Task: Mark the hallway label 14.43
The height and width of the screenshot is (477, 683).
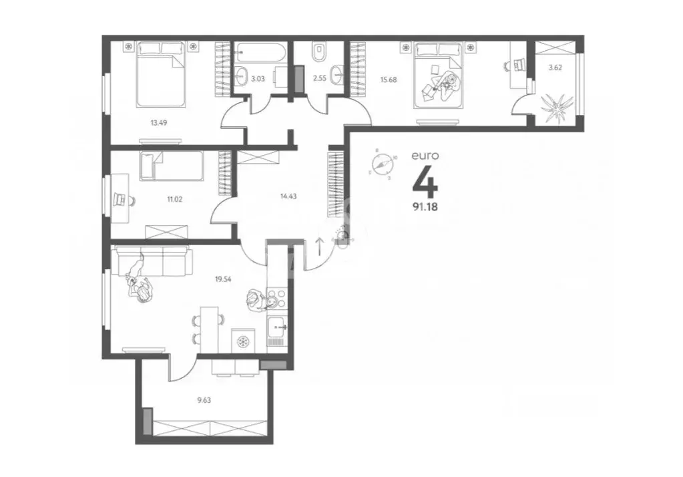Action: coord(288,196)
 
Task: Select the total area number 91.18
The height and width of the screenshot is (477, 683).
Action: coord(425,205)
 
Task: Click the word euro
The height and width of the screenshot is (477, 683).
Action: coord(425,155)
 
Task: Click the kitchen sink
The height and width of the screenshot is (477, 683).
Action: coord(277,327)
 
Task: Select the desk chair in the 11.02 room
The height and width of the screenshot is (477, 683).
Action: coord(121,198)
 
